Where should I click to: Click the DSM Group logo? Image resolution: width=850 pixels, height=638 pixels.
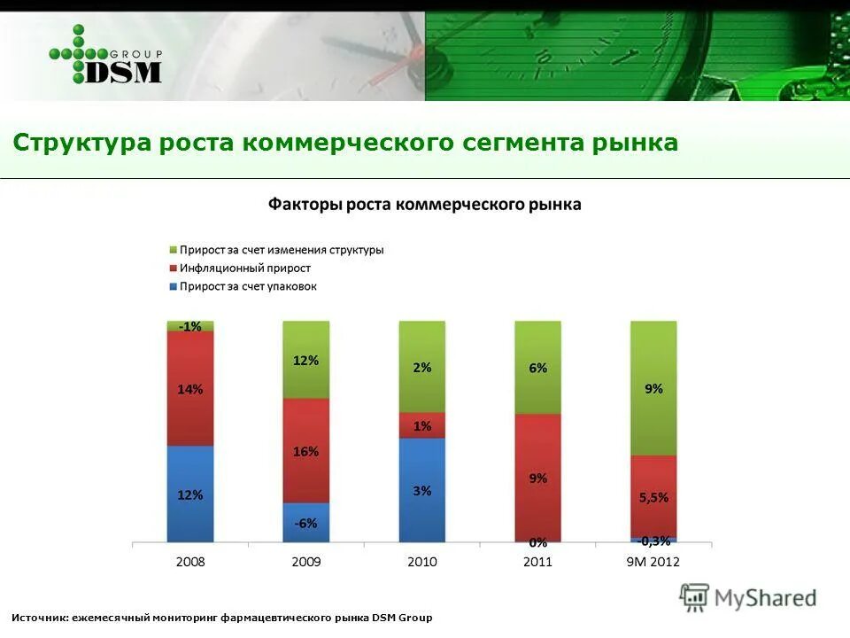106,55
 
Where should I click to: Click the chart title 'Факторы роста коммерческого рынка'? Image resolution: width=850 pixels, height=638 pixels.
425,205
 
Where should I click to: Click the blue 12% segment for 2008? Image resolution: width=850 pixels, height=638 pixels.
190,494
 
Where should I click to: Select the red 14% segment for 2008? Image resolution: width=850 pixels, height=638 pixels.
190,388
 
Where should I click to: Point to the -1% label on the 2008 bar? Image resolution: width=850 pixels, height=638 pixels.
189,326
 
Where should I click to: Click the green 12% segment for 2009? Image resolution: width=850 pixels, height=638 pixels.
306,360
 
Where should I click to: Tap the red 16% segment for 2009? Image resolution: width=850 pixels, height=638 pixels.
306,451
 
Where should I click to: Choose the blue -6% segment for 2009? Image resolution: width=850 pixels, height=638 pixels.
306,523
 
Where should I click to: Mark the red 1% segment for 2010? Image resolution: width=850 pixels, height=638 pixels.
422,425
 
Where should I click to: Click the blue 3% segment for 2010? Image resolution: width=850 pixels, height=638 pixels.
422,490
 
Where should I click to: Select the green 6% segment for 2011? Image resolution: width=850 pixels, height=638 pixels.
537,368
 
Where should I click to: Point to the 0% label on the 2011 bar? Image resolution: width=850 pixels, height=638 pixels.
538,541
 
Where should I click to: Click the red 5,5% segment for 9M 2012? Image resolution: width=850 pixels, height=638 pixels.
653,497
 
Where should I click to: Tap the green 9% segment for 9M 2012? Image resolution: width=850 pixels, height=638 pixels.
653,388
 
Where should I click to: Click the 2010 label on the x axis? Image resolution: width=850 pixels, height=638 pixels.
422,562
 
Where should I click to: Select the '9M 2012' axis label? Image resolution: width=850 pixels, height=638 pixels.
653,562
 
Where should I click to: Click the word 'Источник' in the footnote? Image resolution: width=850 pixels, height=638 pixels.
37,618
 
